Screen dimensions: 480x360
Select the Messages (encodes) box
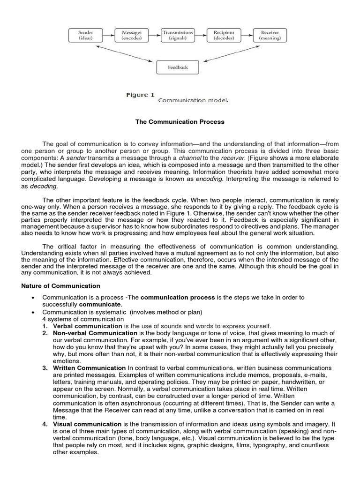click(132, 36)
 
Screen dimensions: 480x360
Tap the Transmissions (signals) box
click(178, 36)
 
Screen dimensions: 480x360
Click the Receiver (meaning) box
click(270, 36)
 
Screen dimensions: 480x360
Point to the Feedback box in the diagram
click(178, 67)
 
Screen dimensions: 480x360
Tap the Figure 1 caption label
click(140, 95)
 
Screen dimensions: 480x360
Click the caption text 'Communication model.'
click(193, 100)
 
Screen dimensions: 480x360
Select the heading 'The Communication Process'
click(180, 122)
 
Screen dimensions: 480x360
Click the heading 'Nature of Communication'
click(61, 285)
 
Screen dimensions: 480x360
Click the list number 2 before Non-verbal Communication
click(44, 333)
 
